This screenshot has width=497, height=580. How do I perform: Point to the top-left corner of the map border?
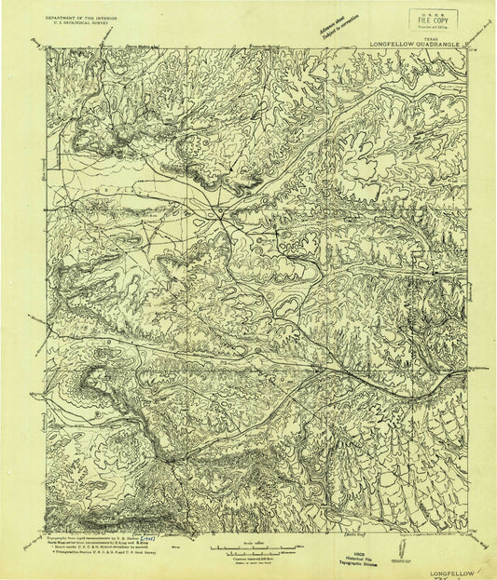pos(47,49)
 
